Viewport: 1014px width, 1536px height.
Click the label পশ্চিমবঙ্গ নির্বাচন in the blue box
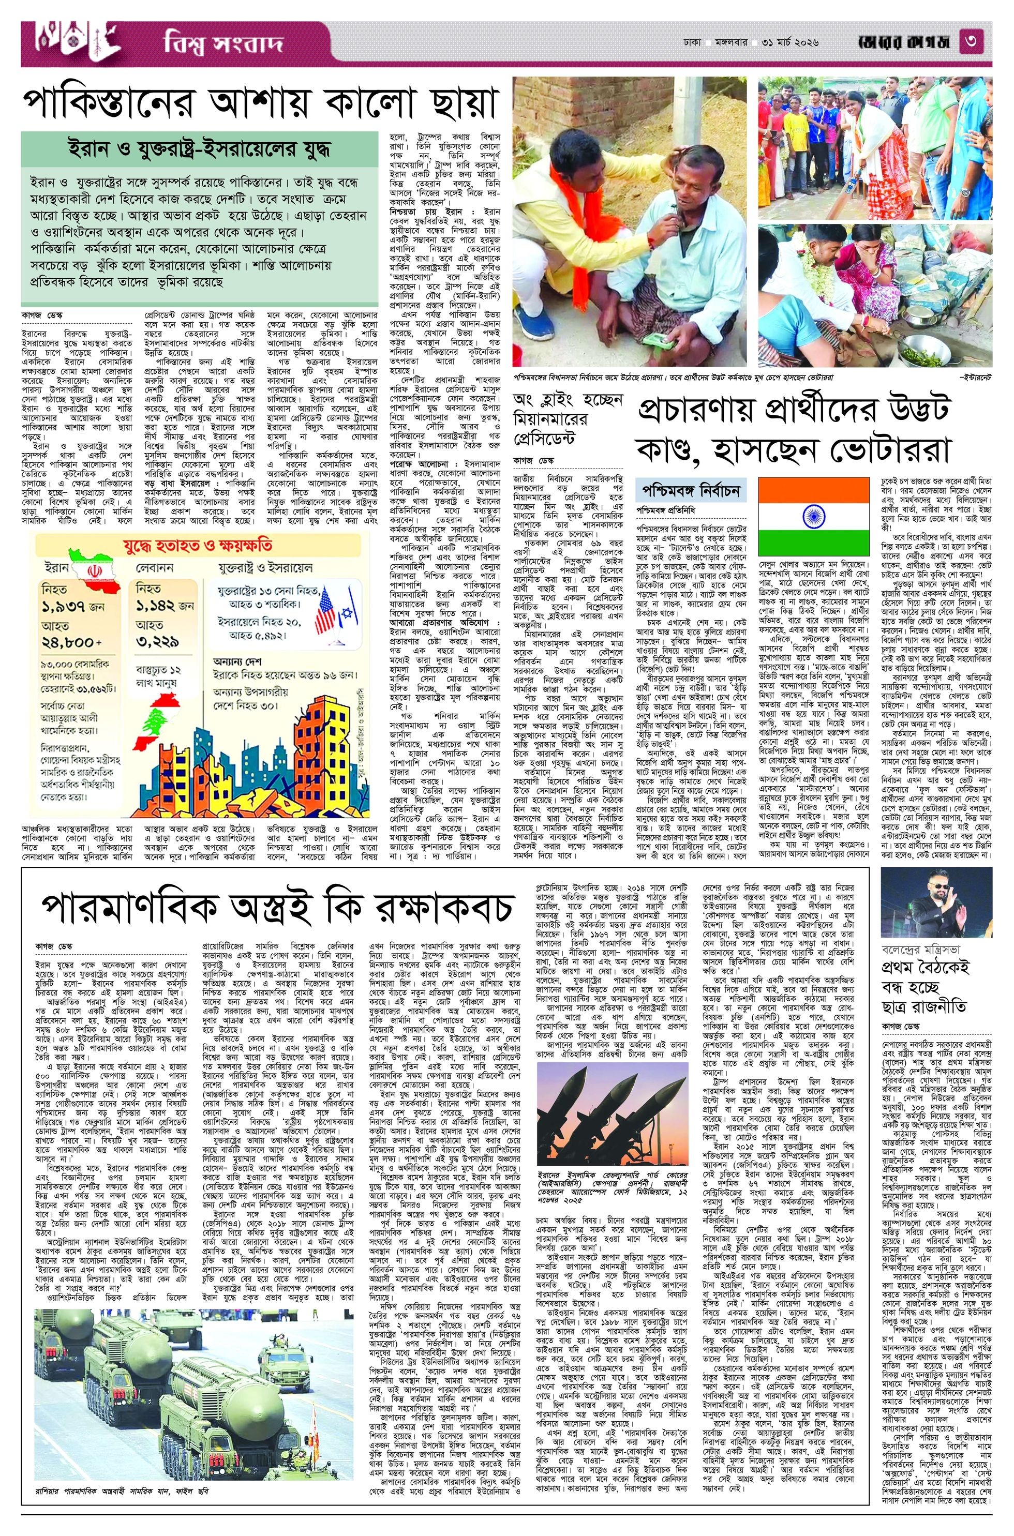point(691,490)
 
